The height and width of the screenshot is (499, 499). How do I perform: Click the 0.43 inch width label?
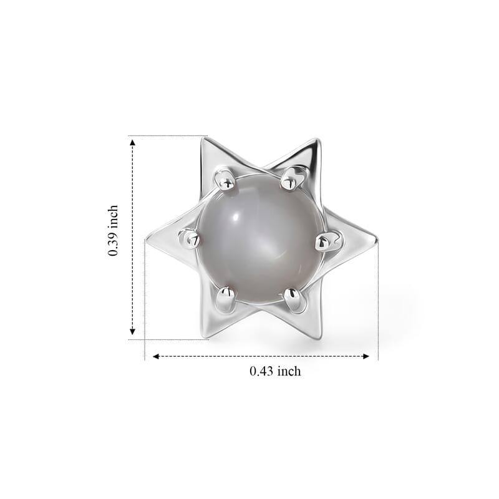(x=275, y=371)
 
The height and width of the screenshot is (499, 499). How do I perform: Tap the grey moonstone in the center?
(x=260, y=237)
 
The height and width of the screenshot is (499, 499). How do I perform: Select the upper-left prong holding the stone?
(x=226, y=180)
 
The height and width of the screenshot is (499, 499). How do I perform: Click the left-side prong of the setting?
(x=189, y=238)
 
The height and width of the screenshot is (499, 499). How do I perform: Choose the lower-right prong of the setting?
(x=293, y=299)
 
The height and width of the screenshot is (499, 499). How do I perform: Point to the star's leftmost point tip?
(x=146, y=239)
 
